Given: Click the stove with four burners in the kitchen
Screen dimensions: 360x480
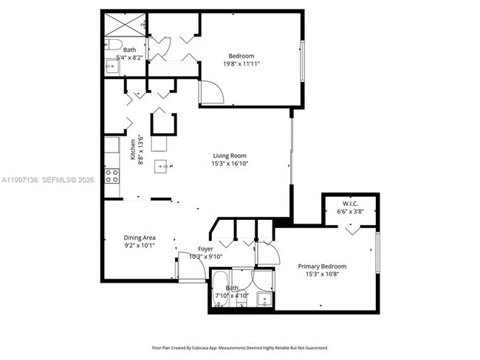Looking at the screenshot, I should tap(112, 176).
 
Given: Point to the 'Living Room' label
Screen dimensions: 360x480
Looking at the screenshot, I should tap(230, 156).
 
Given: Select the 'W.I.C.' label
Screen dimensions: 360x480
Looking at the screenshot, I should tap(350, 204).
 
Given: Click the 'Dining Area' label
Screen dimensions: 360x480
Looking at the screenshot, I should tap(139, 238).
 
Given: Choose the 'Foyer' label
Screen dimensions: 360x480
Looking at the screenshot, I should tap(205, 249).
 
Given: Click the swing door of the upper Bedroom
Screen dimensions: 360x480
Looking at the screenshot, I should tap(211, 93).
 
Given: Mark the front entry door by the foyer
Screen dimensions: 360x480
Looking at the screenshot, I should tap(191, 271).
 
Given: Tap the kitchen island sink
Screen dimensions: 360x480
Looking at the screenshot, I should tap(161, 167).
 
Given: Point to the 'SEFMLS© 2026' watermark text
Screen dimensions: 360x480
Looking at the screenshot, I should tap(65, 179).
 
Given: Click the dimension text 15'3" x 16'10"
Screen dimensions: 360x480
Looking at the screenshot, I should tap(230, 165).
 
